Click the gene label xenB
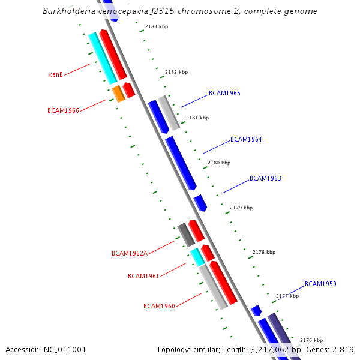pos(56,75)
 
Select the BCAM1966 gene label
pos(63,110)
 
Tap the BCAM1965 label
pos(224,94)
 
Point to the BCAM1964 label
pos(246,140)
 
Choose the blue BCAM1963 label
pos(265,179)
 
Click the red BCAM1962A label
pos(130,253)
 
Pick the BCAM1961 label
pos(143,276)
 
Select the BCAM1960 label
pos(159,306)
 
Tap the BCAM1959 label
pos(320,284)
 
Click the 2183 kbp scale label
pos(157,27)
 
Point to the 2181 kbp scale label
pos(197,118)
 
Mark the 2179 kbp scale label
pos(241,208)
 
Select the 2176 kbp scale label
pos(311,340)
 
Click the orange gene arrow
pos(118,94)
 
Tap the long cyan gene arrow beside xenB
pos(102,58)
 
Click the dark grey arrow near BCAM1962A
pos(186,235)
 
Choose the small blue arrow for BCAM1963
pos(200,203)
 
